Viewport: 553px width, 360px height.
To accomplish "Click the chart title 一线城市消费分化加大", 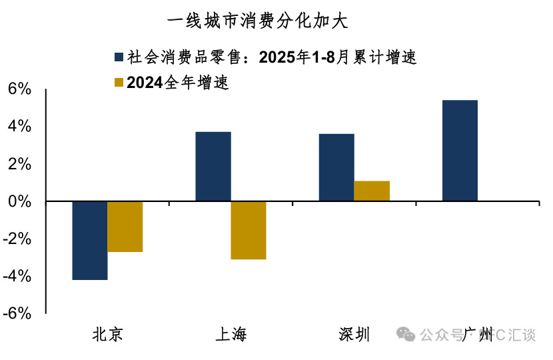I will [257, 21].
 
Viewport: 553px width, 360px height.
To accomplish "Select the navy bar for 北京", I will [89, 240].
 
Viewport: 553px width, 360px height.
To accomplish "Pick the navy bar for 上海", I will [213, 166].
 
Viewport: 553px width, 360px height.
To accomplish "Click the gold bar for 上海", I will [249, 230].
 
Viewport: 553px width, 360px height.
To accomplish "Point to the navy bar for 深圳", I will [336, 167].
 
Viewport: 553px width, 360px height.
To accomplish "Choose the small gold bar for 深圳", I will [372, 191].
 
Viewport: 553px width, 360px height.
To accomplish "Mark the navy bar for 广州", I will [460, 150].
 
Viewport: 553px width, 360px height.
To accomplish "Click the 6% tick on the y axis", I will [19, 89].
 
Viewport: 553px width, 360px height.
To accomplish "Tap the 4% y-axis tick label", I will [19, 126].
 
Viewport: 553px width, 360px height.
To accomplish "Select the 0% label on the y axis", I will [19, 201].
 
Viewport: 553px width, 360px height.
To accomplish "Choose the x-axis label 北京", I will [107, 334].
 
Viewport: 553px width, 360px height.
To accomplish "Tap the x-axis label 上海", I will [231, 334].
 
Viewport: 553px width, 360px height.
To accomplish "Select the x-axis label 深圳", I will [354, 334].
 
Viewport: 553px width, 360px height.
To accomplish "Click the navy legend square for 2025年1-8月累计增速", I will [119, 57].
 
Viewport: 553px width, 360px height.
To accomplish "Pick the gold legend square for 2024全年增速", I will [119, 83].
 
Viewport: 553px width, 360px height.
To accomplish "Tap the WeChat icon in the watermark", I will [406, 333].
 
